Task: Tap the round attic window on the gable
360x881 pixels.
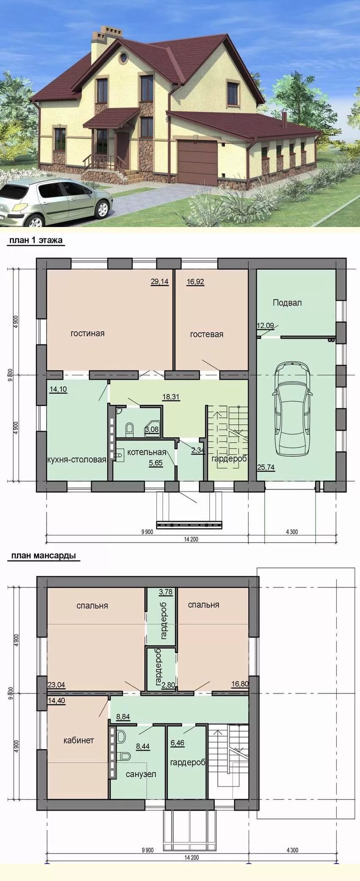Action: [123, 58]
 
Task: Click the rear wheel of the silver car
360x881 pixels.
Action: [102, 208]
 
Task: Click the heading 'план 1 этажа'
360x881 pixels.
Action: [36, 240]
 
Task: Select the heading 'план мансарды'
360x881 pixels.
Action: [44, 555]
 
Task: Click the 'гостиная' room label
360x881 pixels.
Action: [88, 333]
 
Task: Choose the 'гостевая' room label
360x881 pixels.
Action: [207, 334]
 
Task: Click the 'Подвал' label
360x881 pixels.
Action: [287, 303]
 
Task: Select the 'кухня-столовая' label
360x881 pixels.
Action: [77, 460]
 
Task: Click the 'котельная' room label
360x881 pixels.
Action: [147, 452]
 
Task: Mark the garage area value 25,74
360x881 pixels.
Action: [266, 467]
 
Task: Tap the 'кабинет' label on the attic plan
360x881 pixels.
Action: [79, 740]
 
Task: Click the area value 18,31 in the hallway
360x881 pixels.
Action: [171, 397]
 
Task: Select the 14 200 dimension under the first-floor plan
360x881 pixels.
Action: [191, 539]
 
